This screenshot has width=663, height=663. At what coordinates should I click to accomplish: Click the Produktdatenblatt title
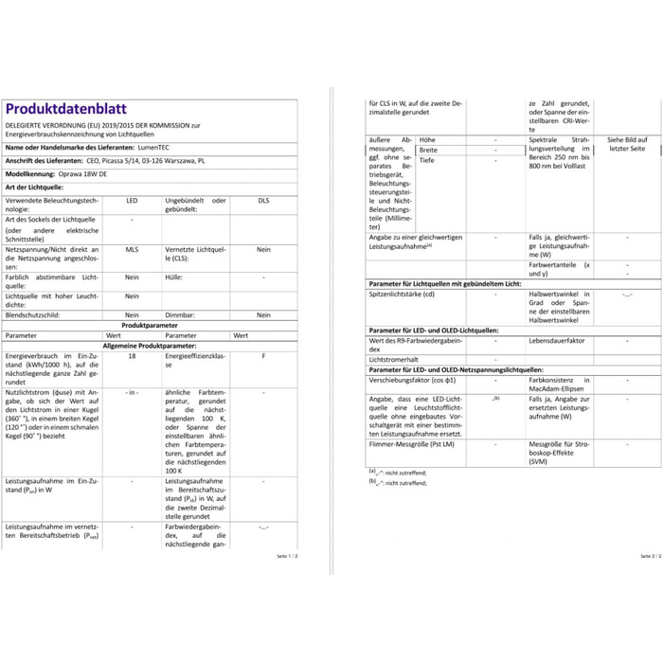65,109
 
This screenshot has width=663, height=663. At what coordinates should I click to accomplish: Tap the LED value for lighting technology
132,202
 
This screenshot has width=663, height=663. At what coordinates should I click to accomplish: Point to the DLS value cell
263,202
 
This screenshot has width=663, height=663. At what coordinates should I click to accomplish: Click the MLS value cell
132,249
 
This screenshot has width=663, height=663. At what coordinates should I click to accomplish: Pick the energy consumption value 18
132,356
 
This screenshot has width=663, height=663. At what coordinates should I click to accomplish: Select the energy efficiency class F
263,356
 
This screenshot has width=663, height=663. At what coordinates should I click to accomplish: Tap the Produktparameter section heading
141,325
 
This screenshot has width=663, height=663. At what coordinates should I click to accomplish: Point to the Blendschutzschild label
35,314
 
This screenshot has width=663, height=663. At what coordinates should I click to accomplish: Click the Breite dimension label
429,150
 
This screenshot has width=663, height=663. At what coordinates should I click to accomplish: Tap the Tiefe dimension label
427,161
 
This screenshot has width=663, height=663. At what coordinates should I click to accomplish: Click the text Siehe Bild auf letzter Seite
627,144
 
